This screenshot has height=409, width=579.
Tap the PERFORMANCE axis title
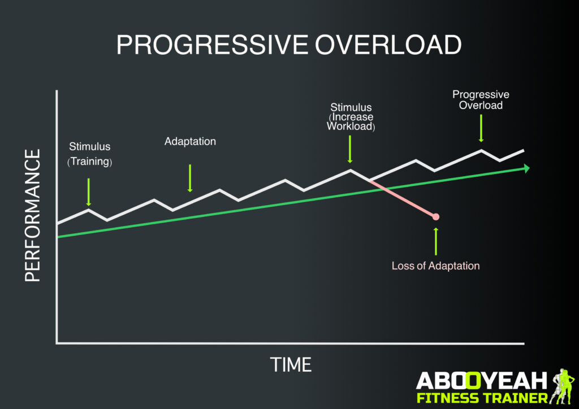[x=33, y=215]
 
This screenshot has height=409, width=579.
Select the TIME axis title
[x=291, y=364]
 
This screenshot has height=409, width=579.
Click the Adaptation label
[x=190, y=141]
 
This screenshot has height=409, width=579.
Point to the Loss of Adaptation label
[x=435, y=266]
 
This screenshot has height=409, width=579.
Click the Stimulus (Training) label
[x=90, y=154]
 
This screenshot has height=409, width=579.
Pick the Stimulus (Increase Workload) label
[x=351, y=116]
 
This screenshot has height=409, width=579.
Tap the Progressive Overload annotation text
[x=481, y=100]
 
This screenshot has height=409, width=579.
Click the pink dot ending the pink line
[x=436, y=216]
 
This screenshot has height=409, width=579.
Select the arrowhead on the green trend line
[x=526, y=168]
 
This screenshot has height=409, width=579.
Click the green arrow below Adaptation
[x=190, y=178]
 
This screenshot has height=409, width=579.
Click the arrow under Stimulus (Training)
[x=89, y=193]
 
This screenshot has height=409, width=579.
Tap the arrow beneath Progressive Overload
[x=481, y=128]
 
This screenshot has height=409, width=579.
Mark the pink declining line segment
[x=403, y=198]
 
